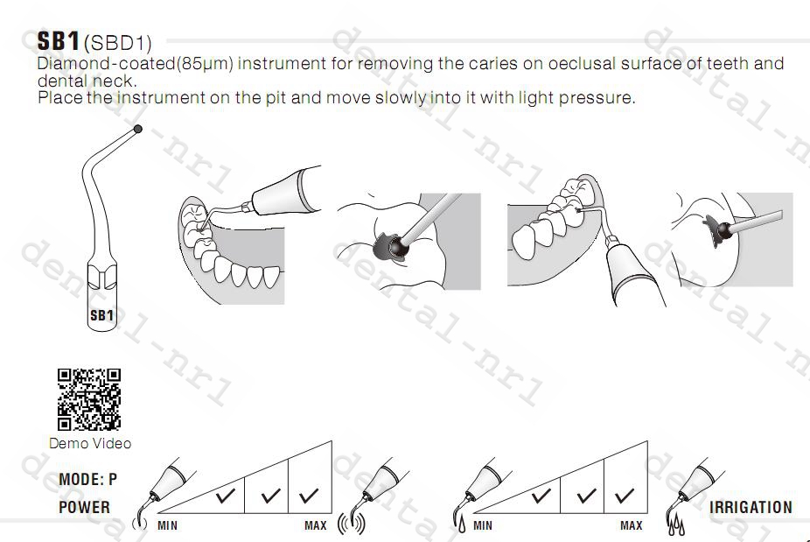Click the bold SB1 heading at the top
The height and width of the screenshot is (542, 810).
[x=59, y=41]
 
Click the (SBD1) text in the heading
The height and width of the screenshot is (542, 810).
[x=118, y=44]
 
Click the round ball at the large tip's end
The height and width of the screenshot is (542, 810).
[x=137, y=129]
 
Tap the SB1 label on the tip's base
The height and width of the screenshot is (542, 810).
[x=101, y=315]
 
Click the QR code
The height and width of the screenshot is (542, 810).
[x=89, y=399]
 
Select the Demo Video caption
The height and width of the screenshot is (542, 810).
[x=90, y=443]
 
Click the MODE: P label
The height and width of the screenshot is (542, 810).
[x=87, y=480]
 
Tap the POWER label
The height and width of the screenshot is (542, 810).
[x=84, y=507]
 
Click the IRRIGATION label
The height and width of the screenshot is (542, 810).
[x=751, y=507]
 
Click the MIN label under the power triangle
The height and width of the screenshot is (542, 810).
[x=167, y=525]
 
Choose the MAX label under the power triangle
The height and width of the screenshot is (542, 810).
[x=316, y=525]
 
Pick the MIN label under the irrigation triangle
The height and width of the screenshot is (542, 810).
[x=483, y=525]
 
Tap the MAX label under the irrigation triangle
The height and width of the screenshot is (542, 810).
[x=632, y=525]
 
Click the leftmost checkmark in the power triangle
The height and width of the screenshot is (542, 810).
[x=225, y=496]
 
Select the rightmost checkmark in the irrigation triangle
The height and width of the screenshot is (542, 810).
[x=625, y=496]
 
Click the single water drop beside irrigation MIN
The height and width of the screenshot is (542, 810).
[x=461, y=524]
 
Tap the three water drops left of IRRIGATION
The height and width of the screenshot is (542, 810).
[x=675, y=525]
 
